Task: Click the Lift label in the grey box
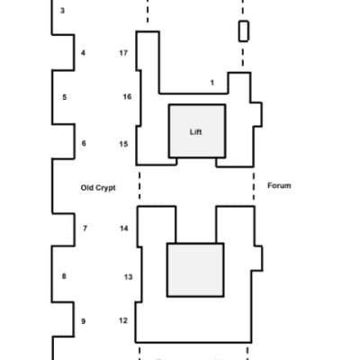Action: coord(195,132)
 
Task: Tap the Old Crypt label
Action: coord(98,188)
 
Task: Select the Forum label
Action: coord(279,185)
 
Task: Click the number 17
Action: coord(123,53)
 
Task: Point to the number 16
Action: coord(127,96)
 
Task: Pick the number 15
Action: coord(123,144)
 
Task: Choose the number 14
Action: coord(124,229)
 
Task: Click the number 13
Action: coord(128,277)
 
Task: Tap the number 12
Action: coord(123,320)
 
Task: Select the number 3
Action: coord(62,11)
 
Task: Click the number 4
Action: coord(83,53)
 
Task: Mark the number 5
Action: coord(65,97)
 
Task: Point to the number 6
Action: coord(84,143)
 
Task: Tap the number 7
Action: coord(85,229)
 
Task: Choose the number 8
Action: coord(64,276)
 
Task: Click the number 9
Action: coord(83,321)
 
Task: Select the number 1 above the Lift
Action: coord(212,83)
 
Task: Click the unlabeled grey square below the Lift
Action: coord(195,270)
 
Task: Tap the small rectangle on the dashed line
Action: coord(244,31)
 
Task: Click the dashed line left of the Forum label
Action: coord(254,186)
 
